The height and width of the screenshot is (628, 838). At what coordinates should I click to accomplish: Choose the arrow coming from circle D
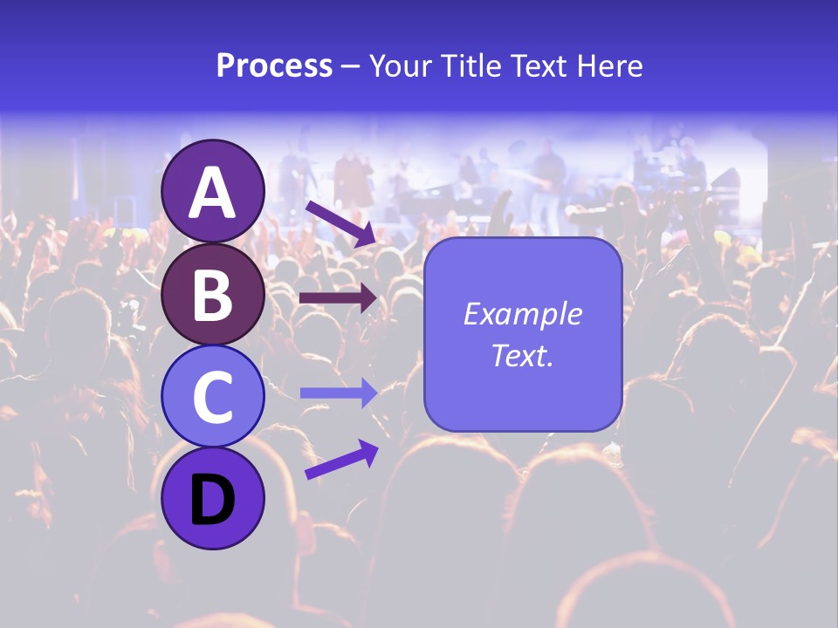coord(341,460)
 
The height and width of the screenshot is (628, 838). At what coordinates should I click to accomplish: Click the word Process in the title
coord(274,65)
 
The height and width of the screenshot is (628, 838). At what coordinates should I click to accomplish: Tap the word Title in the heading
coord(463,65)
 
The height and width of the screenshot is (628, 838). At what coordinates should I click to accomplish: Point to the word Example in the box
coord(522,314)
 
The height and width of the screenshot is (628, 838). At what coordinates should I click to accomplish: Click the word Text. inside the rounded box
coord(522,355)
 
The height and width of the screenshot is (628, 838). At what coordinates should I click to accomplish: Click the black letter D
coord(212,502)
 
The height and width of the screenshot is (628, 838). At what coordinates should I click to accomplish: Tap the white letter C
coord(212,398)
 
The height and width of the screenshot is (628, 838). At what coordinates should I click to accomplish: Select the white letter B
coord(212,294)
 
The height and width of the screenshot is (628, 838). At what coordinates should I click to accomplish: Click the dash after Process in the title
coord(350,67)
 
